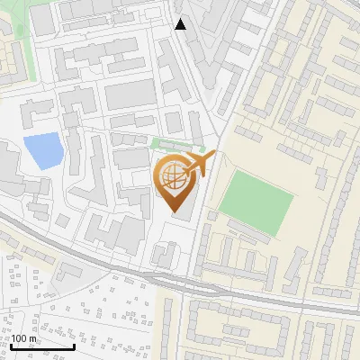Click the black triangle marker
[x=181, y=24]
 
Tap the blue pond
[x=42, y=150]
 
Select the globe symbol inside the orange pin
[x=172, y=179]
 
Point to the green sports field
[x=256, y=199]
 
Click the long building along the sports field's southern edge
[x=254, y=233]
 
